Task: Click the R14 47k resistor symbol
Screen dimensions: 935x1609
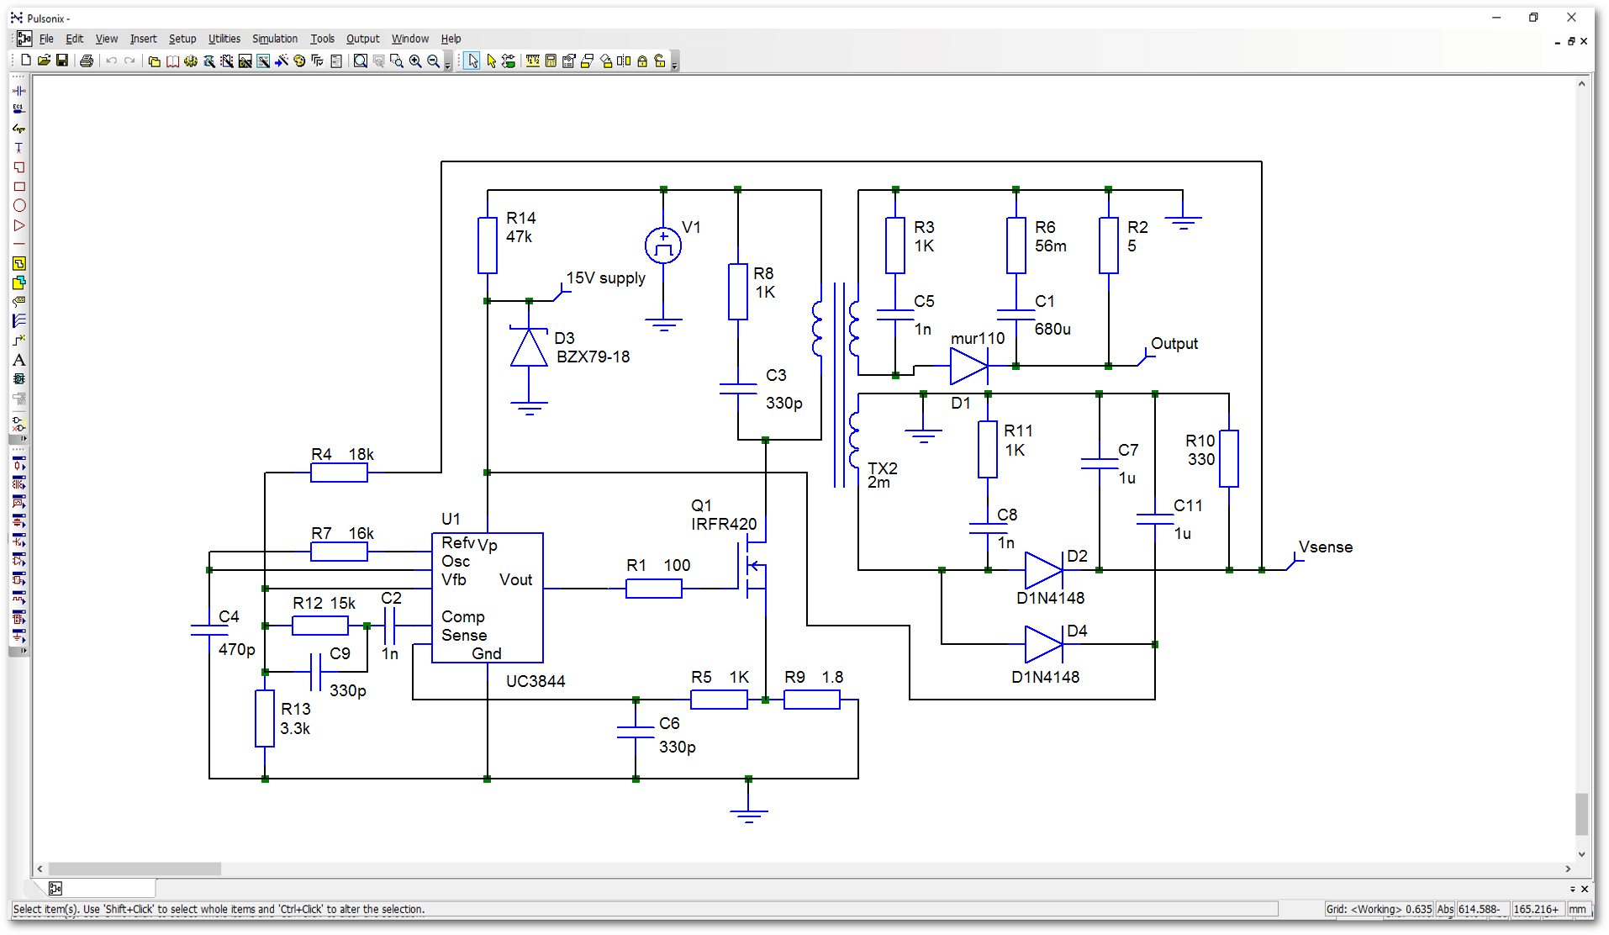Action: tap(488, 246)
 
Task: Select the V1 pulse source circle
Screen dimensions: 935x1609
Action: tap(663, 246)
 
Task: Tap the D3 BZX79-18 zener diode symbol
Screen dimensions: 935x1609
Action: tap(529, 348)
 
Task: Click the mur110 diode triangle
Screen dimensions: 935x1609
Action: tap(968, 367)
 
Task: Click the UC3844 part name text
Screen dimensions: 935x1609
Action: tap(535, 681)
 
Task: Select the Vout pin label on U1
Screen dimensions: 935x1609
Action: tap(515, 580)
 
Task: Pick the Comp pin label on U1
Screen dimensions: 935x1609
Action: tap(462, 617)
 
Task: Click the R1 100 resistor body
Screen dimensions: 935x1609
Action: tap(654, 589)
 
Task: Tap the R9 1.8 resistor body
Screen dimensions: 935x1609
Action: tap(811, 700)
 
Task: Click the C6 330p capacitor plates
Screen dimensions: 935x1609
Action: tap(636, 732)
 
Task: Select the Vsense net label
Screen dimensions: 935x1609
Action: tap(1326, 547)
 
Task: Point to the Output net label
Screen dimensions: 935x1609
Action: tap(1174, 344)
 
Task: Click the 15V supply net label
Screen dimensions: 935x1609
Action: tap(605, 278)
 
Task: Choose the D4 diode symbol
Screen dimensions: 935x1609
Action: tap(1044, 645)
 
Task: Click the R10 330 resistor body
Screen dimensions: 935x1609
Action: tap(1229, 458)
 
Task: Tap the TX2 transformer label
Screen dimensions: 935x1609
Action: tap(882, 469)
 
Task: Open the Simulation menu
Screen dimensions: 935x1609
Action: tap(275, 39)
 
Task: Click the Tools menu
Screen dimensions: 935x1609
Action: tap(322, 39)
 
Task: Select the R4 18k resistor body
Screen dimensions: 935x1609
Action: tap(339, 473)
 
